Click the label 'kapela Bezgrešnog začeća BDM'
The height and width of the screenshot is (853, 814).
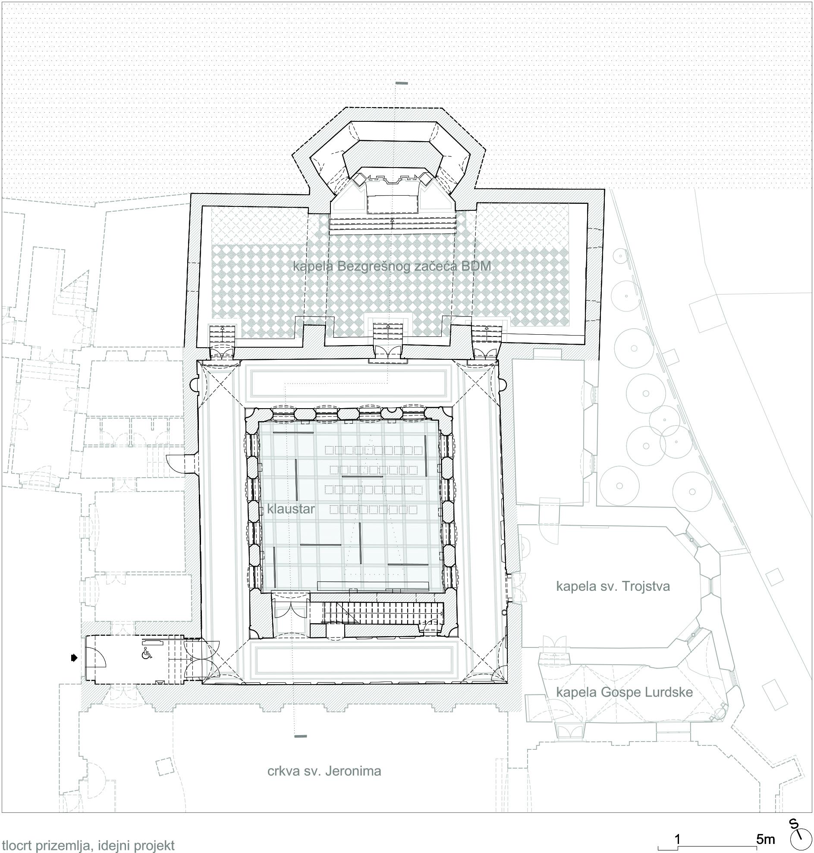(392, 266)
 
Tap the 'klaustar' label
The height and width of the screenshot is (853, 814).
(291, 509)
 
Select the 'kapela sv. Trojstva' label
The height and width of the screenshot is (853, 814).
(613, 587)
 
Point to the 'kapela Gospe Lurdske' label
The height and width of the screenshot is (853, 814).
(624, 692)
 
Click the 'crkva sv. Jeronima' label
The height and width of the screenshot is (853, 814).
(324, 771)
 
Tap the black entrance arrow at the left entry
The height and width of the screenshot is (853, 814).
(74, 658)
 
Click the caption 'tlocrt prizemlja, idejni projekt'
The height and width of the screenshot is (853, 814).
(88, 845)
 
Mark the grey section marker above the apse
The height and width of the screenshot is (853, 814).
(402, 83)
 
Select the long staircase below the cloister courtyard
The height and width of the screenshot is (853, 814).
(382, 612)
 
